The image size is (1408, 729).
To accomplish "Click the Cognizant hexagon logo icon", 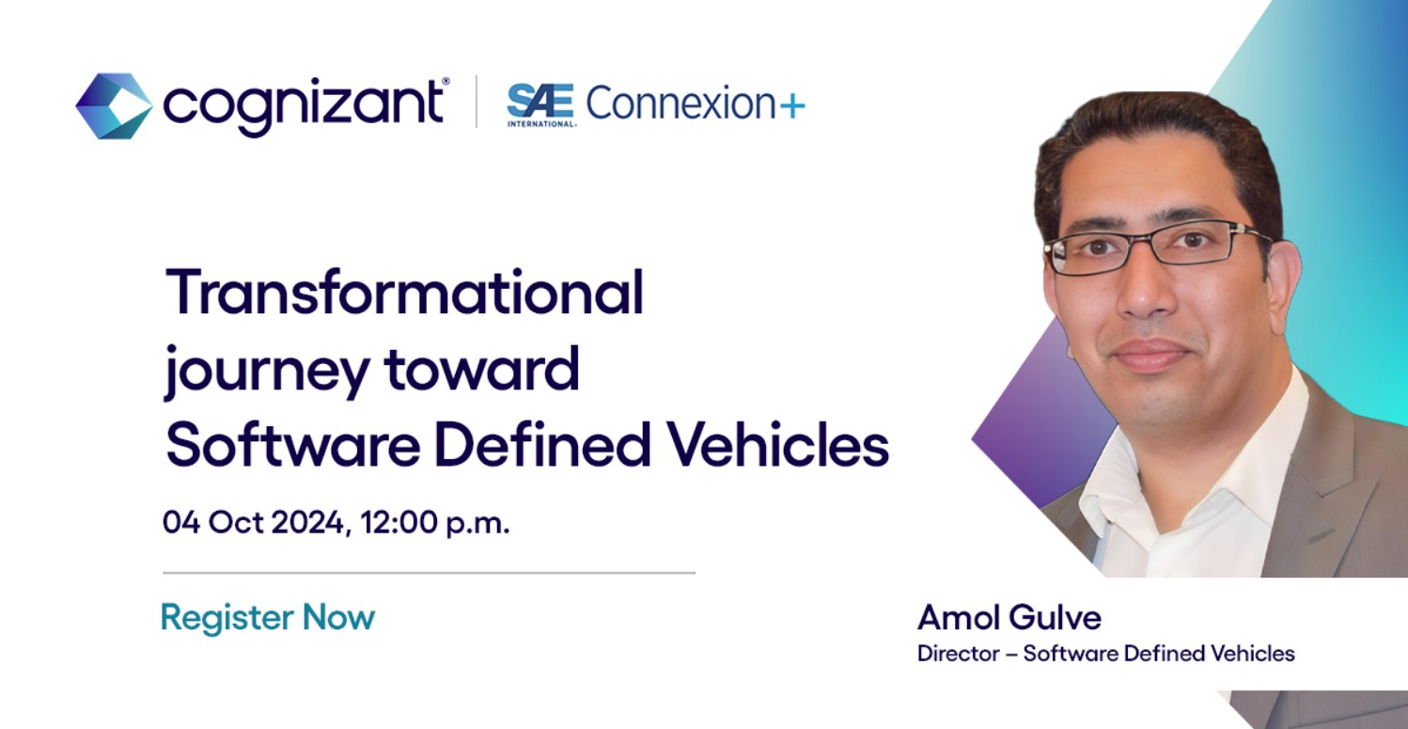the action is (114, 105).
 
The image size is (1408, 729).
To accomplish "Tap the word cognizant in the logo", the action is (303, 106).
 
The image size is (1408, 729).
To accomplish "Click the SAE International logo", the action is (540, 105).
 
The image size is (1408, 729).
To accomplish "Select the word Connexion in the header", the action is (681, 103).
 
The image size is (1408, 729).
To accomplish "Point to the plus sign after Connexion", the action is (792, 105).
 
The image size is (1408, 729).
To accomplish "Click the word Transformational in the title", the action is (405, 292).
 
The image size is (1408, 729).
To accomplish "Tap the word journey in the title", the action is (267, 371).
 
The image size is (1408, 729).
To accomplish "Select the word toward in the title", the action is (481, 368).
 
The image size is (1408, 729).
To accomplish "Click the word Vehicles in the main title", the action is (778, 444).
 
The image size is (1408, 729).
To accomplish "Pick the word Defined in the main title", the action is (541, 444).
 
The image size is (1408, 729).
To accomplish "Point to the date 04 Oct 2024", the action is (253, 522).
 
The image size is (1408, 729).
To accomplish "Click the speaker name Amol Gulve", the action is (1009, 617).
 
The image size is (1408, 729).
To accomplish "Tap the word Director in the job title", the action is (959, 654).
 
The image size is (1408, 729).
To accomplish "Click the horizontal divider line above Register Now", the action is (429, 573).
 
